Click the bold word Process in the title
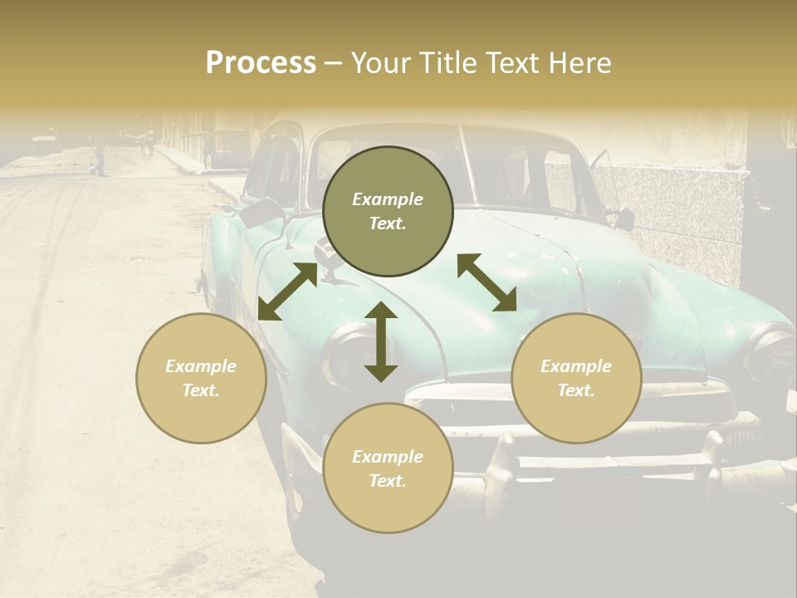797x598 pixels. tap(261, 63)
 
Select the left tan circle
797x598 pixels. tap(201, 378)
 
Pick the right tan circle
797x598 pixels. tap(576, 378)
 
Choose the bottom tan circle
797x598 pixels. tap(388, 468)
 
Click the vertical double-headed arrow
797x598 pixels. tap(381, 341)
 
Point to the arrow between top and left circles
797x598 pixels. tap(287, 292)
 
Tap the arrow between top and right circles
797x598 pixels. tap(487, 282)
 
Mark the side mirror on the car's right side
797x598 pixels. tap(623, 219)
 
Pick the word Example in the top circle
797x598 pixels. tap(388, 199)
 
